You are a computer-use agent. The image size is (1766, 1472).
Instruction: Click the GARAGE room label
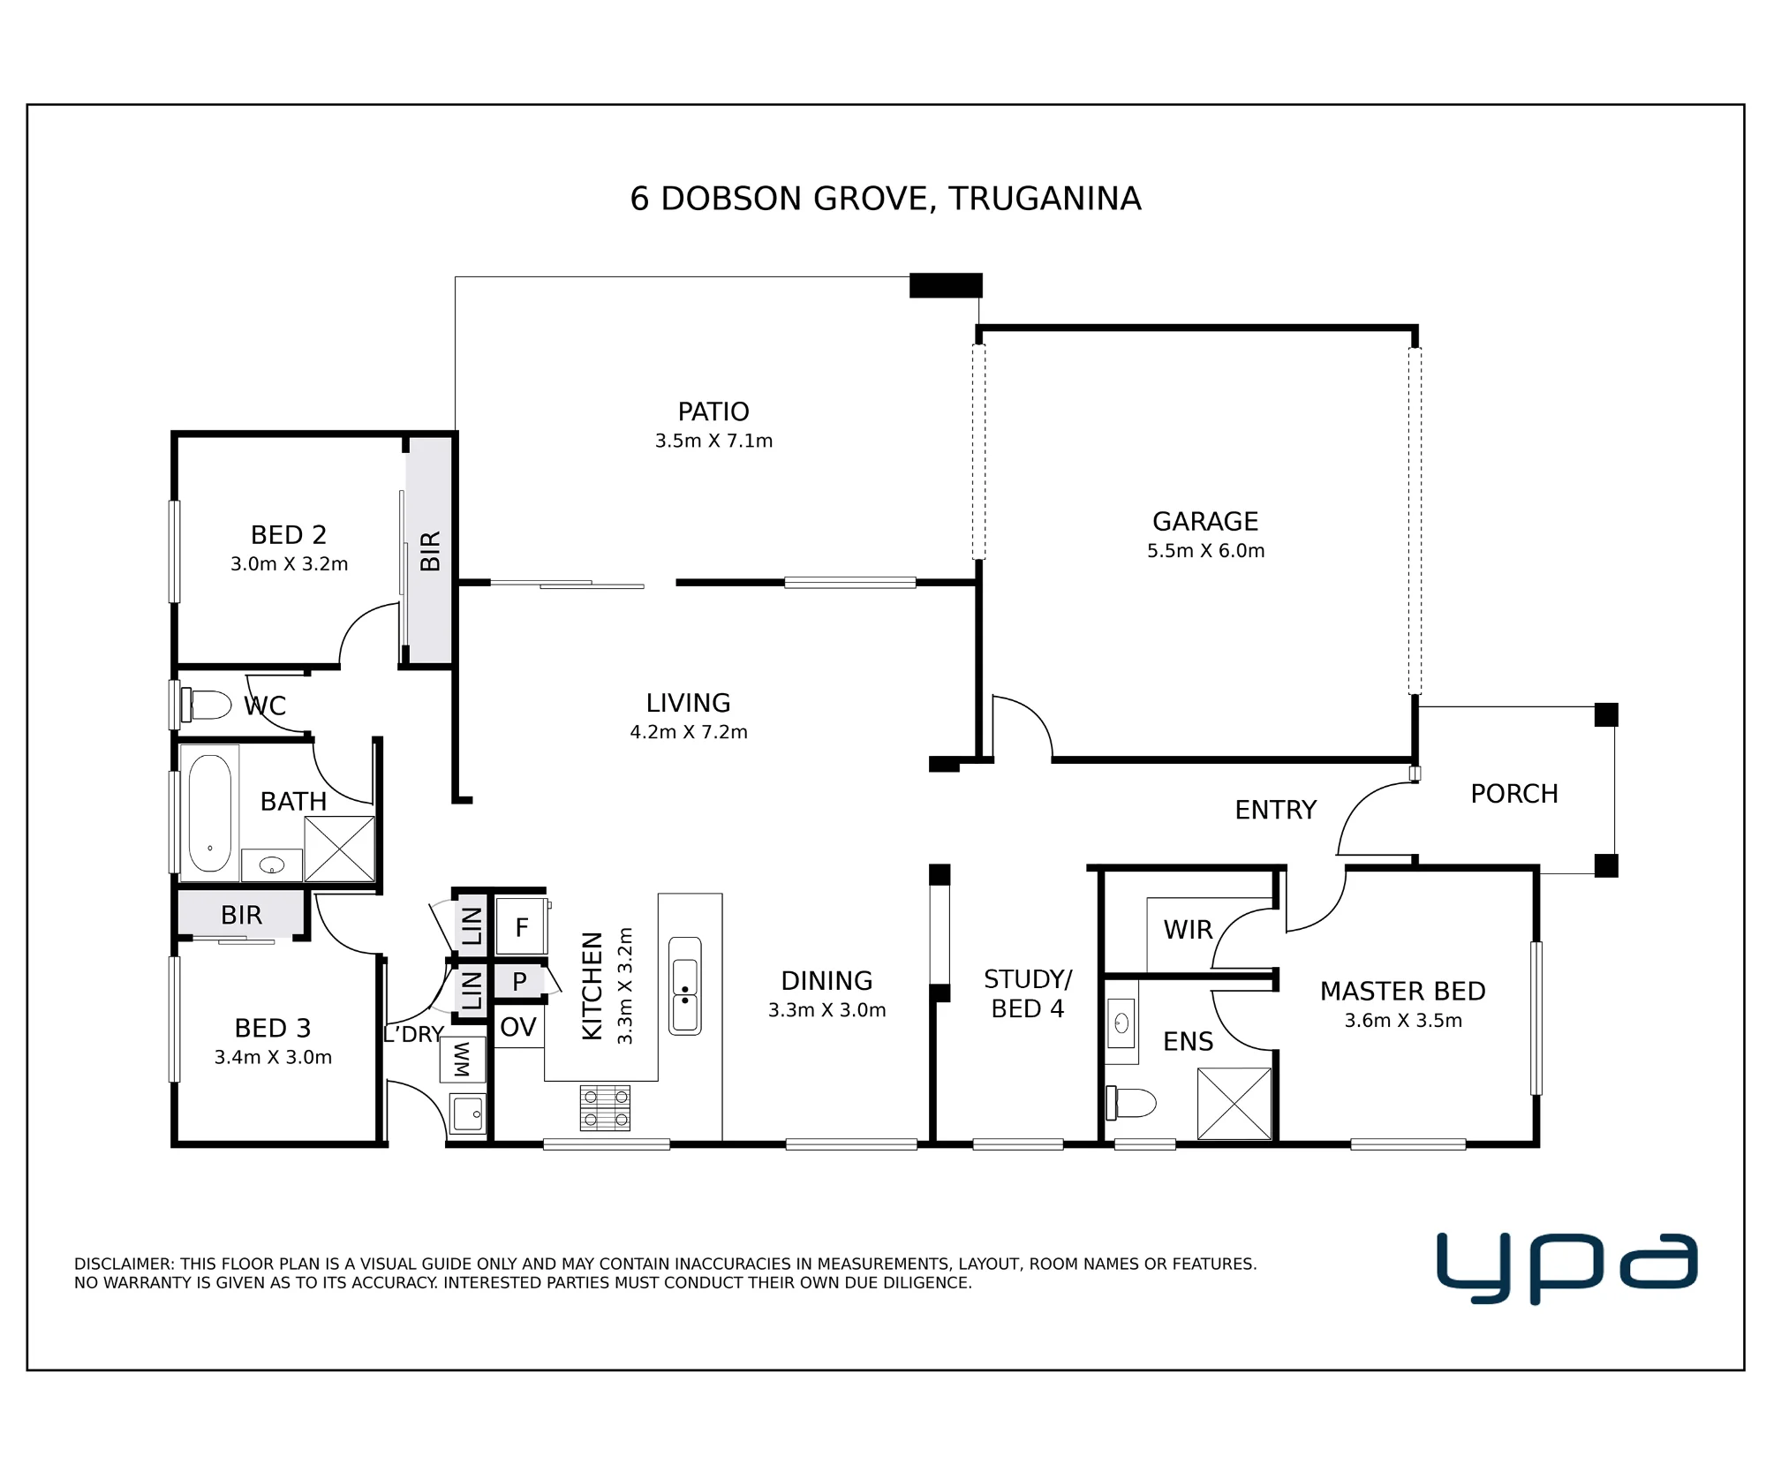coord(1205,521)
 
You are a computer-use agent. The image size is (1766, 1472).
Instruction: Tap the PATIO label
coord(713,411)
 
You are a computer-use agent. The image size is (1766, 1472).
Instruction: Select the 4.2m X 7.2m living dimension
coord(689,732)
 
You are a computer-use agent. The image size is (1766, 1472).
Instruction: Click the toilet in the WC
coord(206,705)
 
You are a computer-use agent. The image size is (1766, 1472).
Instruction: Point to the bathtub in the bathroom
coord(210,813)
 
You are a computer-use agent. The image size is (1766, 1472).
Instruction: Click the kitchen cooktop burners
coord(605,1108)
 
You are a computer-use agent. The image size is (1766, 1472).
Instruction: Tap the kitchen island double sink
coord(685,985)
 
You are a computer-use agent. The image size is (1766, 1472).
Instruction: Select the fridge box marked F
coord(521,925)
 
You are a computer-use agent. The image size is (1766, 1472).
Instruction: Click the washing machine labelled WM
coord(463,1059)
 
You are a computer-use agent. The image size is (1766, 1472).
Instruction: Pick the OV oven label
coord(518,1027)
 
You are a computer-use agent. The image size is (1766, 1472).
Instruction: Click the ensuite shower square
coord(1234,1104)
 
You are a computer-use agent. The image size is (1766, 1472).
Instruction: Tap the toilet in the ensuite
coord(1131,1103)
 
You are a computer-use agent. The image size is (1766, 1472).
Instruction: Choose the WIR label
coord(1188,930)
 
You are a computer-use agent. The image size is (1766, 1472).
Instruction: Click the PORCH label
coord(1514,794)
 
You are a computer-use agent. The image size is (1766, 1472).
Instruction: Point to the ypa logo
coord(1567,1269)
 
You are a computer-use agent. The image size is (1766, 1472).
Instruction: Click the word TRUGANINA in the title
coord(1045,199)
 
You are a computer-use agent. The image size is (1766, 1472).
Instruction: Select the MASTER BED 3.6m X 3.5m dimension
coord(1403,1021)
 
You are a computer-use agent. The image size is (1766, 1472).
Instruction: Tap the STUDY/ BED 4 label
coord(1028,993)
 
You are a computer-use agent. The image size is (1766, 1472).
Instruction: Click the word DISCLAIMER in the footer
coord(123,1264)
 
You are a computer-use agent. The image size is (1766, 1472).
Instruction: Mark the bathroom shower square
coord(339,849)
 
